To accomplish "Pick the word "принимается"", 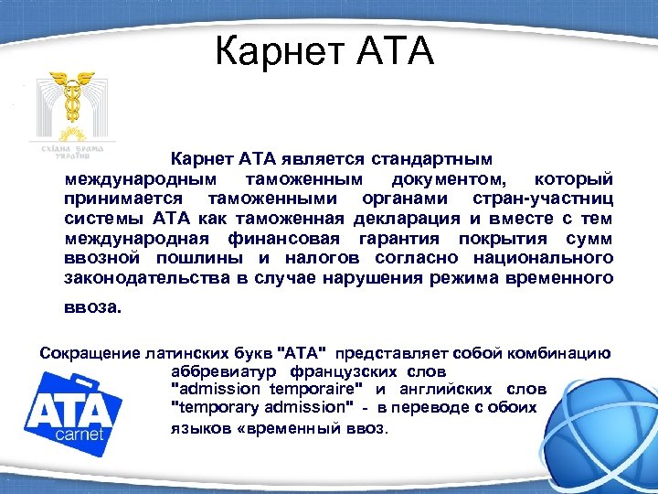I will [123, 198].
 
